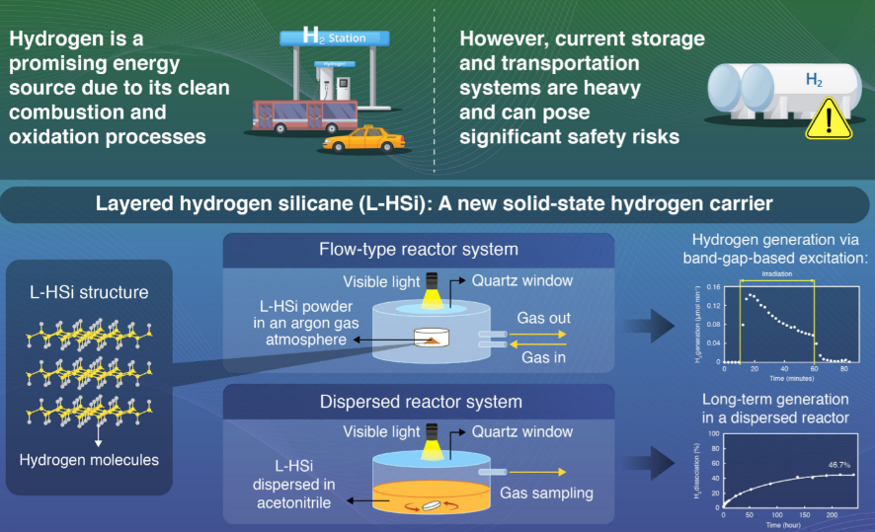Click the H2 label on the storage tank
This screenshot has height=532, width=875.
point(813,77)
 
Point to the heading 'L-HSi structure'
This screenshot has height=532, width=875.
point(88,293)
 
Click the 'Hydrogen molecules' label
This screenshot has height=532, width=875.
point(89,460)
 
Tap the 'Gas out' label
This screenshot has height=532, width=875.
point(542,319)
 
